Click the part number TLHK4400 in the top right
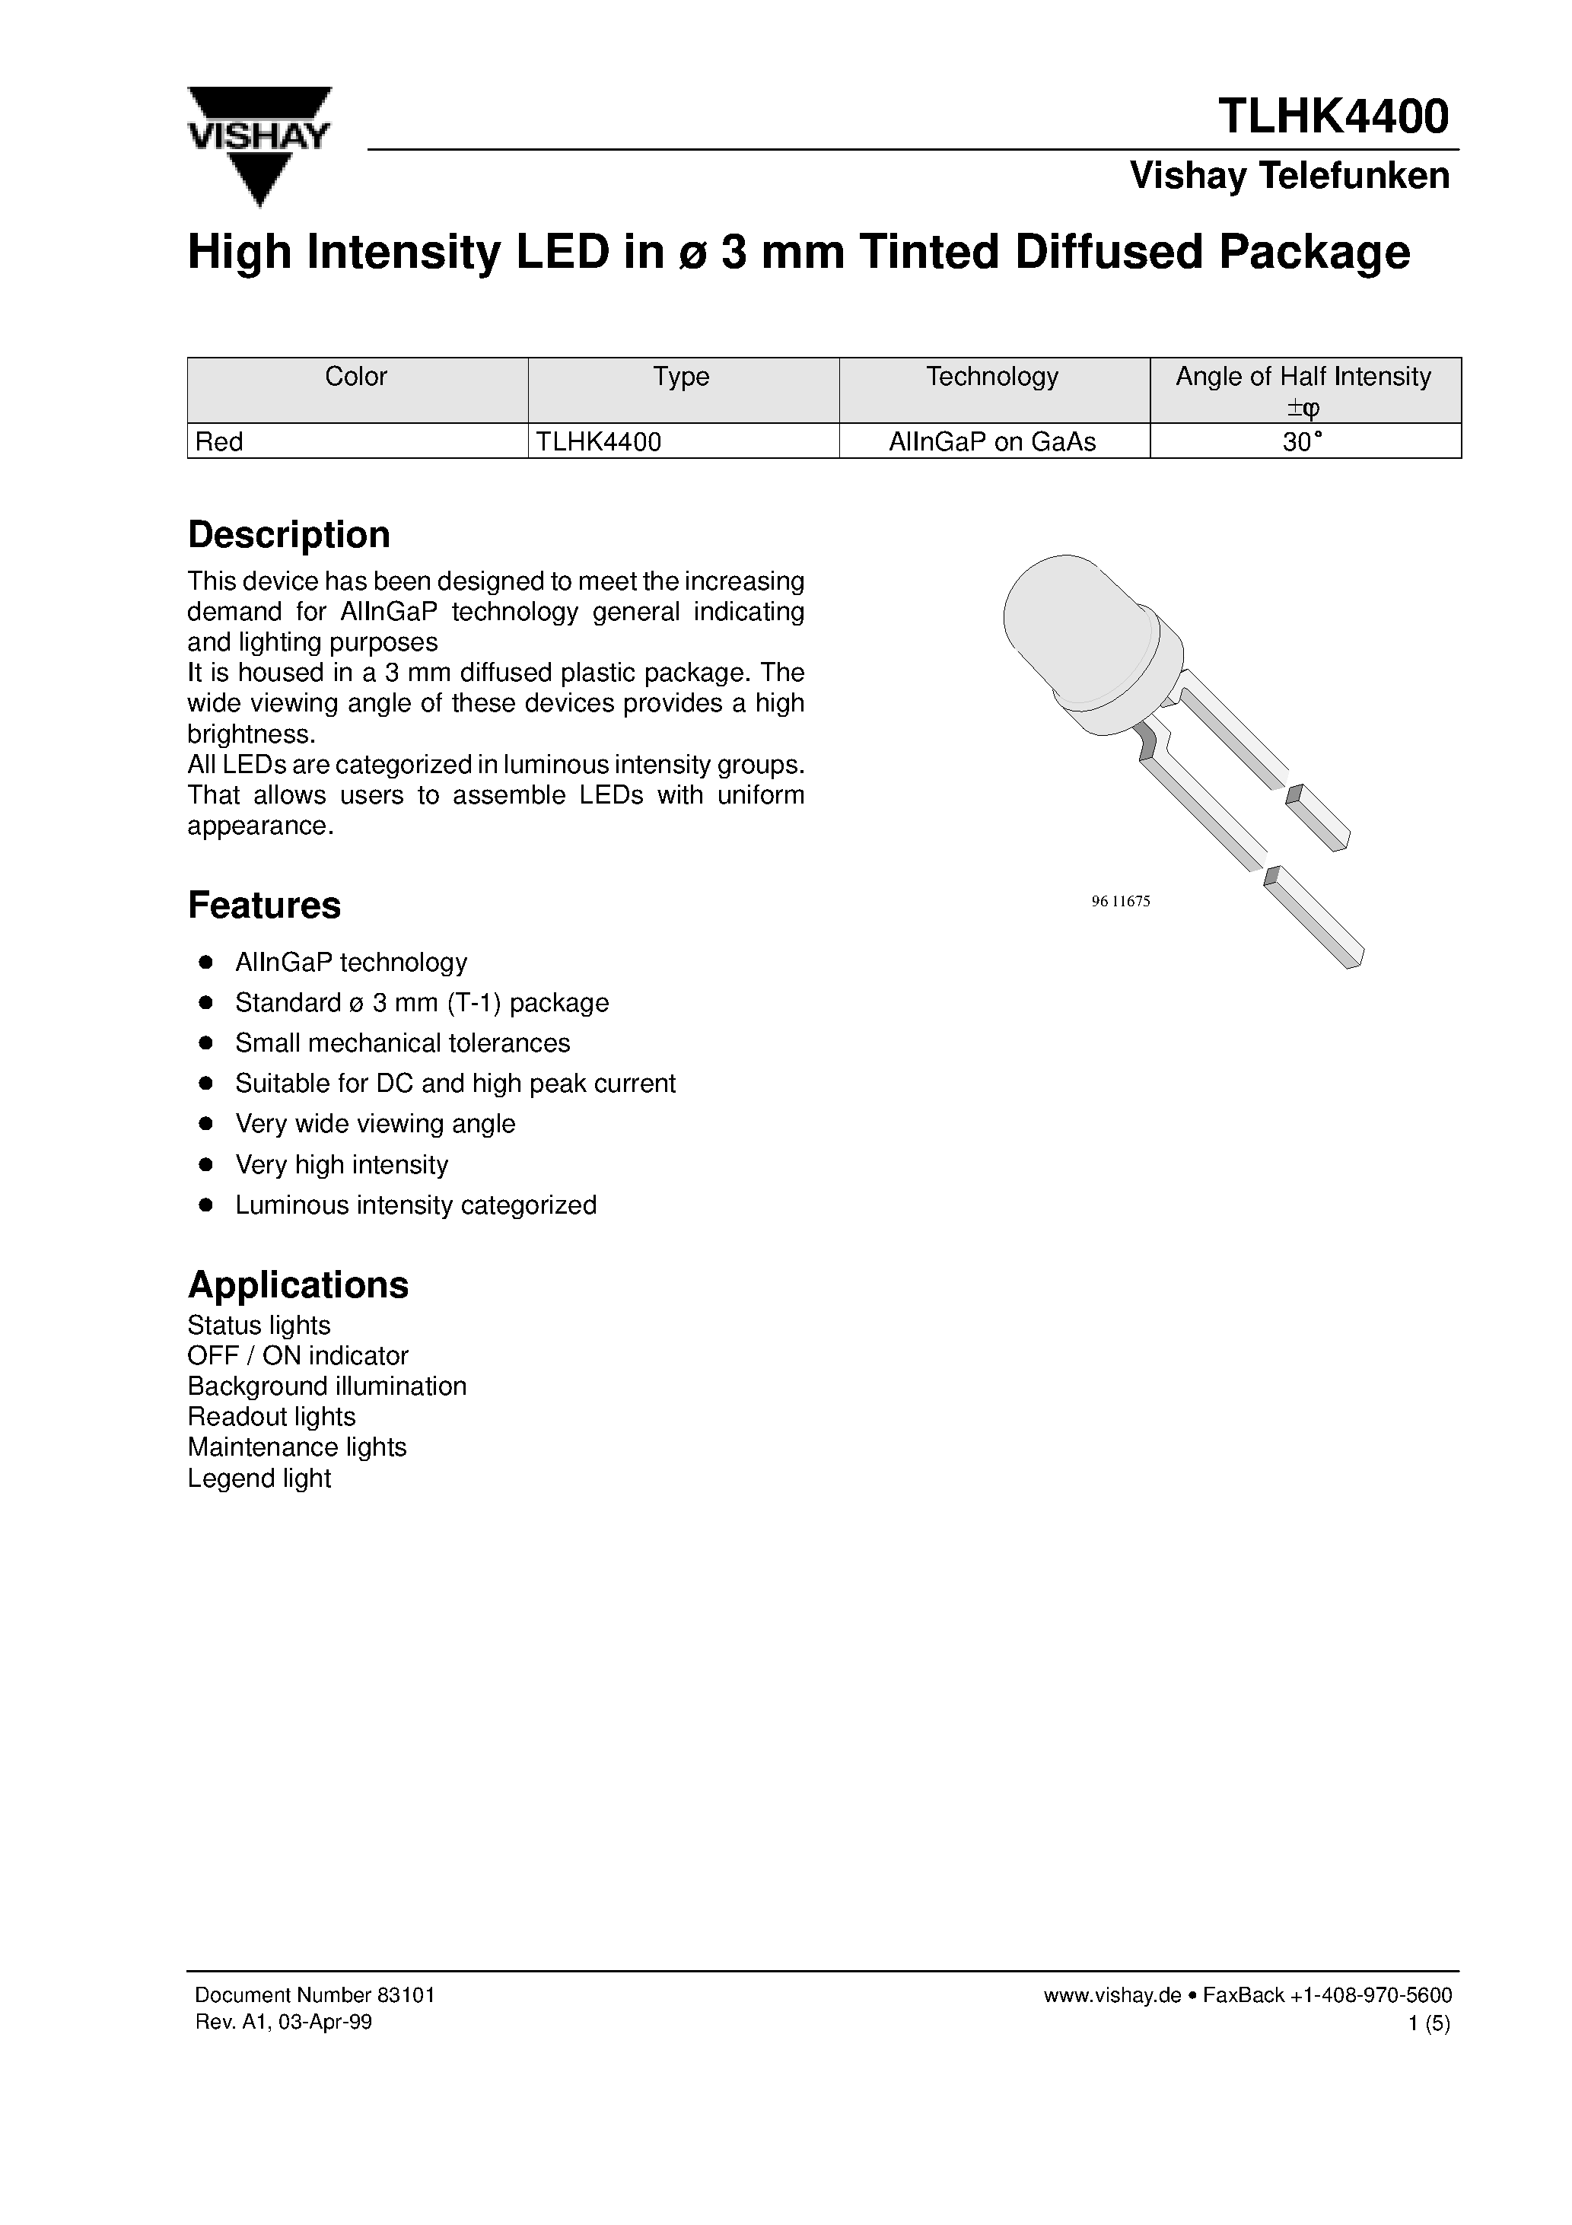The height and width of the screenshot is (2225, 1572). tap(1334, 116)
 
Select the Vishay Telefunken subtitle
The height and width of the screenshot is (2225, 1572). tap(1289, 177)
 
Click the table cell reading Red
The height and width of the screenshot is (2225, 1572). tap(220, 442)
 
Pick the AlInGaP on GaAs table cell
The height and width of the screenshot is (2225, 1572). tap(992, 442)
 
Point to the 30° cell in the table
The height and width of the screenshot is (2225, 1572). tap(1303, 442)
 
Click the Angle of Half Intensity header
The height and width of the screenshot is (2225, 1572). tap(1303, 377)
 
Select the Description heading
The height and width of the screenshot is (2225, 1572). tap(289, 535)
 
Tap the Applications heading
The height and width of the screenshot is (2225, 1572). tap(298, 1285)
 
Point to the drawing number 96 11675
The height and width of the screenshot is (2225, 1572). tap(1120, 901)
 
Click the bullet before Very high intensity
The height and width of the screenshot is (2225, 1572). tap(205, 1165)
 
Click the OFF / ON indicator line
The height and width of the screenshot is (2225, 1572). tap(298, 1356)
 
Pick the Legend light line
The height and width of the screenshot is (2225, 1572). tap(259, 1479)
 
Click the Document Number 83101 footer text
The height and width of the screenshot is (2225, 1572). tap(314, 1995)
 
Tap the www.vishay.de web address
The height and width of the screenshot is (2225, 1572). tap(1112, 1995)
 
